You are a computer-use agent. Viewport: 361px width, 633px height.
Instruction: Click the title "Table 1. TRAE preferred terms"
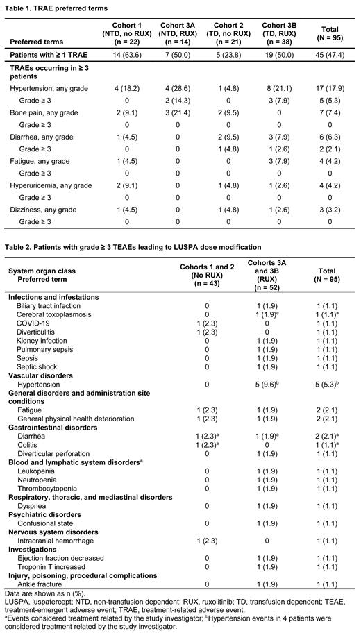tap(55, 7)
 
